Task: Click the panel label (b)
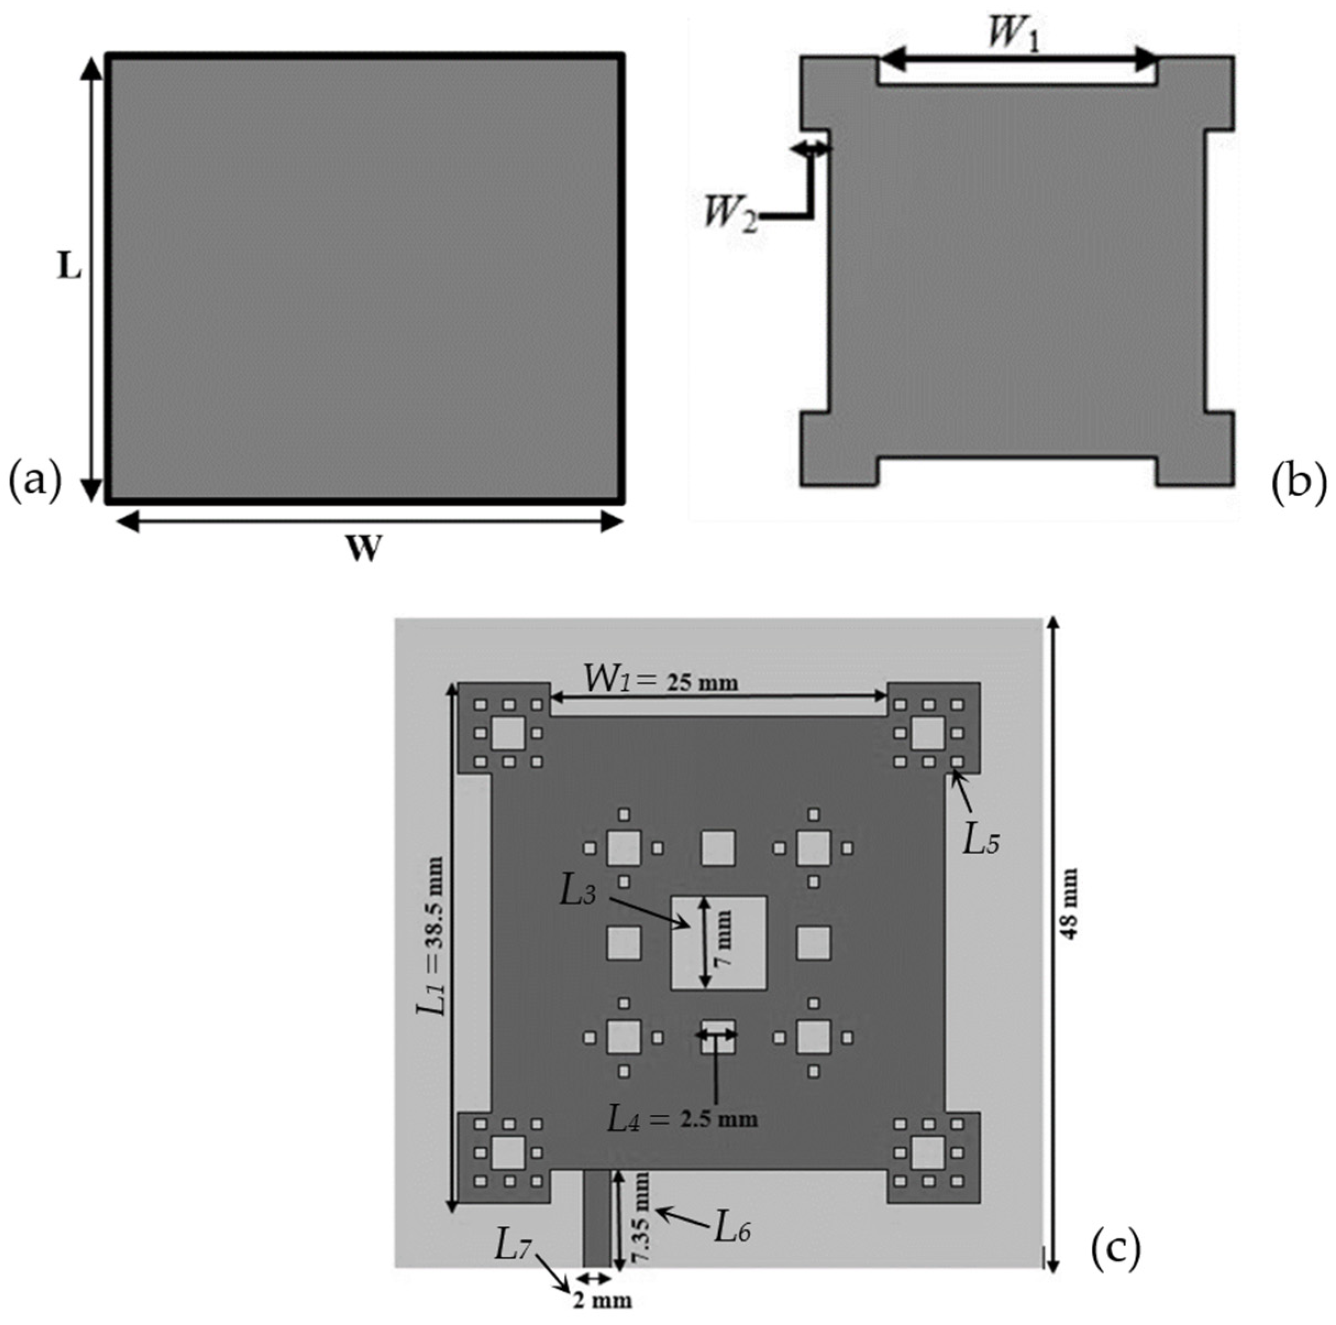1299,482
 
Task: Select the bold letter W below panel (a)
364,549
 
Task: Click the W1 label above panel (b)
1012,33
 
